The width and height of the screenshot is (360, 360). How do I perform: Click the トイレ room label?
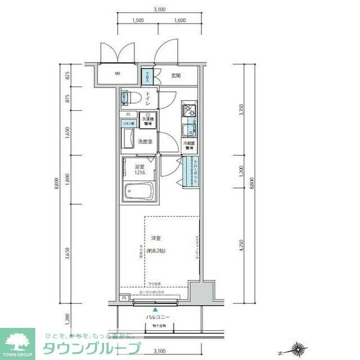coord(147,99)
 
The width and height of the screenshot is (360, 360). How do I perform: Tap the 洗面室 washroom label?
coord(146,141)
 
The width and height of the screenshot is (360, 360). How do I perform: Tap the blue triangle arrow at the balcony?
coord(155,308)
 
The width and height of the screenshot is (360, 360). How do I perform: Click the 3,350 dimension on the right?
coord(241,110)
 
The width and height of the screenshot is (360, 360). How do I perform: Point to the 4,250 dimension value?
coord(241,246)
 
